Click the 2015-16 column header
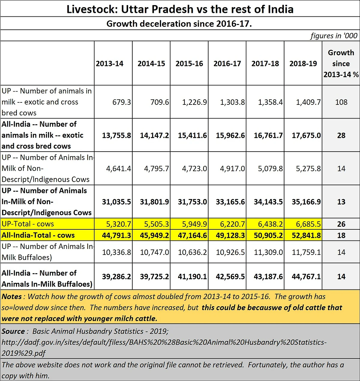(x=189, y=64)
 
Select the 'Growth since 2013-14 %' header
(x=341, y=64)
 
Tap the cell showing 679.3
(x=121, y=102)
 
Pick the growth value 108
(x=341, y=102)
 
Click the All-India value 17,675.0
(x=306, y=135)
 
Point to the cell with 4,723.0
(x=194, y=169)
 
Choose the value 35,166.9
(x=306, y=202)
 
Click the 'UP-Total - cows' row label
(x=28, y=224)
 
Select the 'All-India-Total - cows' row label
(x=38, y=235)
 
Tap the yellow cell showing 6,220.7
(x=232, y=224)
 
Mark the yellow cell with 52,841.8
(x=306, y=235)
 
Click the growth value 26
(x=341, y=224)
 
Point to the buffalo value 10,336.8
(x=116, y=252)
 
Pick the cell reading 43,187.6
(x=268, y=276)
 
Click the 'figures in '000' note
(x=334, y=36)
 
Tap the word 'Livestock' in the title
(x=92, y=9)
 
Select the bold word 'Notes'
(x=12, y=297)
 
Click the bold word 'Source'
(x=13, y=331)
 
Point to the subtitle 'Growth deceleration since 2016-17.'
(x=179, y=24)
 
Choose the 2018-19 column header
(x=303, y=64)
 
